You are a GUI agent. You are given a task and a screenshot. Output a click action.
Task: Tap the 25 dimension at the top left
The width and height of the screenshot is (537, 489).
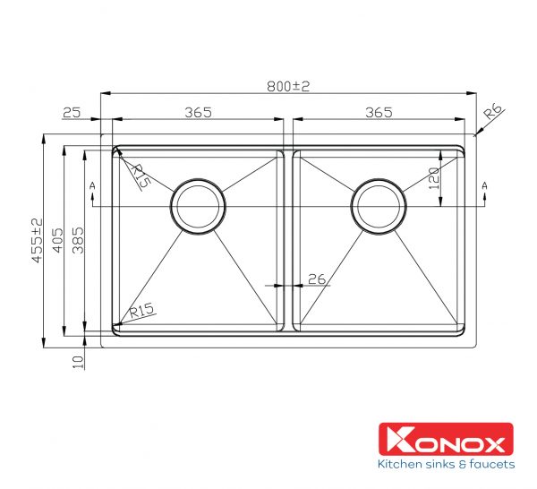[x=72, y=112]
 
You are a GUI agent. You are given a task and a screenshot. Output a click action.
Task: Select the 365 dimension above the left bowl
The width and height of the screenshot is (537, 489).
[x=198, y=112]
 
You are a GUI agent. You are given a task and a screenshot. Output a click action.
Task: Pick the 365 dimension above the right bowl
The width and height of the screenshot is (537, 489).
[x=379, y=112]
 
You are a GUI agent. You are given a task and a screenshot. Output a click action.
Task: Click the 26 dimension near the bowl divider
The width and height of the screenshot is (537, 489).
[x=316, y=279]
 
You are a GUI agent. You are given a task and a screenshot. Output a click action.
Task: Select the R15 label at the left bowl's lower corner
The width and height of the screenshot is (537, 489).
[x=142, y=311]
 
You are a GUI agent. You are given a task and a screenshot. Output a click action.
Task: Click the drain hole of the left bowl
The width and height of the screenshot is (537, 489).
[x=198, y=205]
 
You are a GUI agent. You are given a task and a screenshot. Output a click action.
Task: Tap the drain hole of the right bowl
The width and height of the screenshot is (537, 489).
[x=379, y=205]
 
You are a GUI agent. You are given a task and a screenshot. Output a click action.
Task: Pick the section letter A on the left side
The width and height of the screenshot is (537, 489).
[x=92, y=185]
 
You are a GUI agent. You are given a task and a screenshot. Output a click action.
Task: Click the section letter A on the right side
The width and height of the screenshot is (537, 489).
[x=485, y=185]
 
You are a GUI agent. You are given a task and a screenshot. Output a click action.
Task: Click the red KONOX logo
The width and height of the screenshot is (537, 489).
[x=445, y=441]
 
